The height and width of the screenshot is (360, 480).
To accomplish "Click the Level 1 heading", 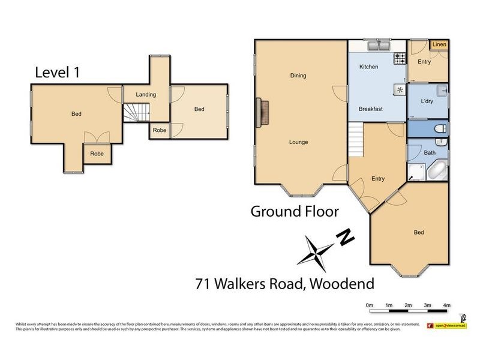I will click(x=58, y=73).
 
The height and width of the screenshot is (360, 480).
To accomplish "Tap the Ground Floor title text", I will click(x=295, y=211).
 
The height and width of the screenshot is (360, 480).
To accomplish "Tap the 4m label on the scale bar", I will click(x=446, y=305).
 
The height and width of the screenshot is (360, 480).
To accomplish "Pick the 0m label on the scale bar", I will click(x=370, y=305).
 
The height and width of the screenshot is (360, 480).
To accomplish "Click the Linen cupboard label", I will click(x=439, y=45).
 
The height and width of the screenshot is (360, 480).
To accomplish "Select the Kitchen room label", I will click(x=368, y=67).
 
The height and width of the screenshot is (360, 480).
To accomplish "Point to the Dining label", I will click(x=298, y=76).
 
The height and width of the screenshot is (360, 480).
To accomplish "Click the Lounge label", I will click(x=298, y=142).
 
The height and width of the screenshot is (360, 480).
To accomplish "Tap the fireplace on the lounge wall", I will click(x=262, y=112).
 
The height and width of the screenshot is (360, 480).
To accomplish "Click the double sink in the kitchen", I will click(x=379, y=46).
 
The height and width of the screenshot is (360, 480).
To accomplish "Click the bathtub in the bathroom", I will click(x=437, y=171).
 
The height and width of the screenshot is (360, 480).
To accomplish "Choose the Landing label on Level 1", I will click(x=146, y=95).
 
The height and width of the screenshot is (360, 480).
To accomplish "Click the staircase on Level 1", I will click(x=136, y=112).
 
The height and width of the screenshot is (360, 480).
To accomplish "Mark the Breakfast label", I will click(x=371, y=109).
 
